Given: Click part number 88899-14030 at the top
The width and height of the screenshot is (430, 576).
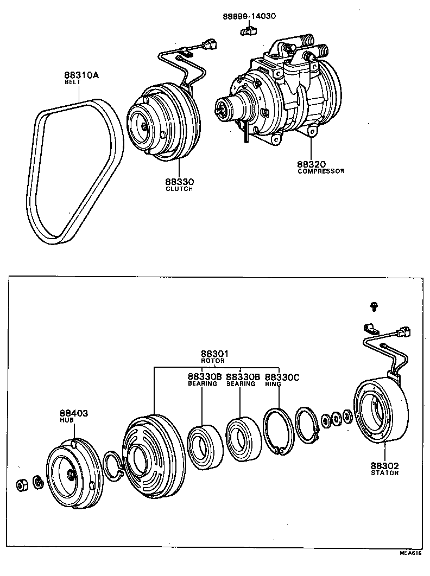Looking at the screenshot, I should (249, 16).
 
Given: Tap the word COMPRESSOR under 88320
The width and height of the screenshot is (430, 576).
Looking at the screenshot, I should (321, 171).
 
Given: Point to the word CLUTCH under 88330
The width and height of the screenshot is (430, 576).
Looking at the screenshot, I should (180, 189).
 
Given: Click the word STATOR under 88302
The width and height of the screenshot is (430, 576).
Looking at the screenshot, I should (385, 472).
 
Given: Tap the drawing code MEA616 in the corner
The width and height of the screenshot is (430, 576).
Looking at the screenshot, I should (410, 568).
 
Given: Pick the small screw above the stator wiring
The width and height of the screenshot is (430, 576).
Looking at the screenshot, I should (374, 306).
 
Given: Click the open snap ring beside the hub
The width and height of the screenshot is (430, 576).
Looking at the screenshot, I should (115, 466).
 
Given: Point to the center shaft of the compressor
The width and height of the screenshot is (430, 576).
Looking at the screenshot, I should (221, 112).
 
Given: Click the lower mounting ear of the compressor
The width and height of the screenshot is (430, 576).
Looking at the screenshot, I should (312, 131).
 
